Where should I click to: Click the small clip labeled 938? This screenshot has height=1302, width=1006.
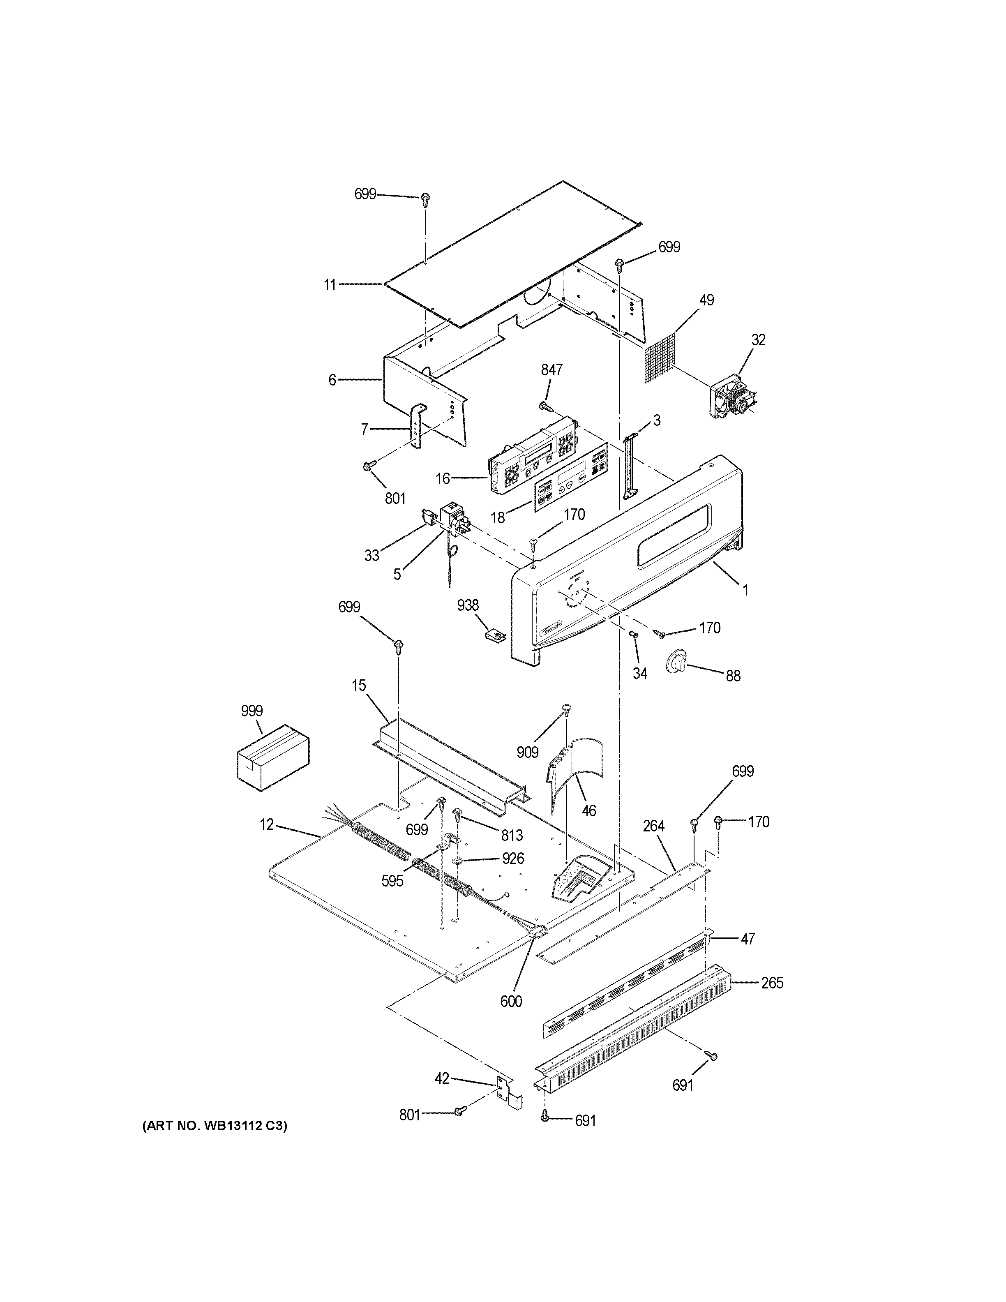pyautogui.click(x=495, y=635)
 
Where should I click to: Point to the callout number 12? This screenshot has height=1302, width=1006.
pyautogui.click(x=266, y=824)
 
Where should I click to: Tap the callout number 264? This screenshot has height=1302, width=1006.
pyautogui.click(x=654, y=826)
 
